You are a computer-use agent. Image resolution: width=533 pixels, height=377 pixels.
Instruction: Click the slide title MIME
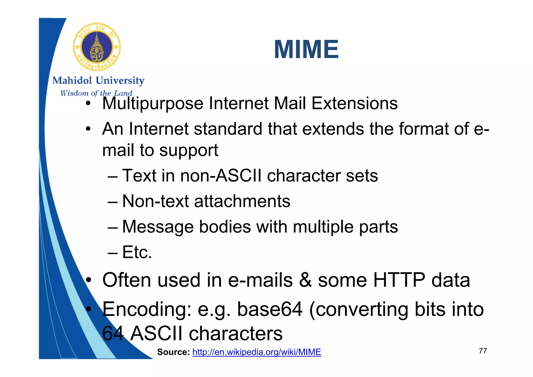click(x=306, y=49)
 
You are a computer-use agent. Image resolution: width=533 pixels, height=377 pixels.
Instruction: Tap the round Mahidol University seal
click(x=97, y=47)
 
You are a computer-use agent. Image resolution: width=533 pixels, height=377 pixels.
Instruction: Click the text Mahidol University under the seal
click(x=98, y=80)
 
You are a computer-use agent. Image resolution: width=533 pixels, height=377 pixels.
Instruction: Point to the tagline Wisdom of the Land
click(x=96, y=93)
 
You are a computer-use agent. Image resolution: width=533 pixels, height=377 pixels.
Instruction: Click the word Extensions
click(x=354, y=103)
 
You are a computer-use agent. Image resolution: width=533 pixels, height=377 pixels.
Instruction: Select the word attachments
click(x=242, y=201)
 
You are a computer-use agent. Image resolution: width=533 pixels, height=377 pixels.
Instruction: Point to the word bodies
click(x=225, y=227)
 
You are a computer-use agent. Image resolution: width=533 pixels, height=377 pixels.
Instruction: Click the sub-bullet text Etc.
click(x=137, y=252)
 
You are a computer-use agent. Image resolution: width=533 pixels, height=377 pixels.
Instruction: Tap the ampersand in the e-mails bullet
click(x=305, y=280)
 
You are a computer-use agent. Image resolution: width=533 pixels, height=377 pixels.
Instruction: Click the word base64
click(x=270, y=309)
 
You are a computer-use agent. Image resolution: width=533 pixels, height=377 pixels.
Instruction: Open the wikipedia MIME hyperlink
click(x=257, y=352)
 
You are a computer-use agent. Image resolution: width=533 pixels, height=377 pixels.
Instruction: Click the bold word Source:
click(x=173, y=352)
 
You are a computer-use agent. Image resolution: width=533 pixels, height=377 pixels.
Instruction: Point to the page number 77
click(x=483, y=351)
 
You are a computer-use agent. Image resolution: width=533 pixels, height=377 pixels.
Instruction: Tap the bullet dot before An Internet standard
click(x=88, y=129)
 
